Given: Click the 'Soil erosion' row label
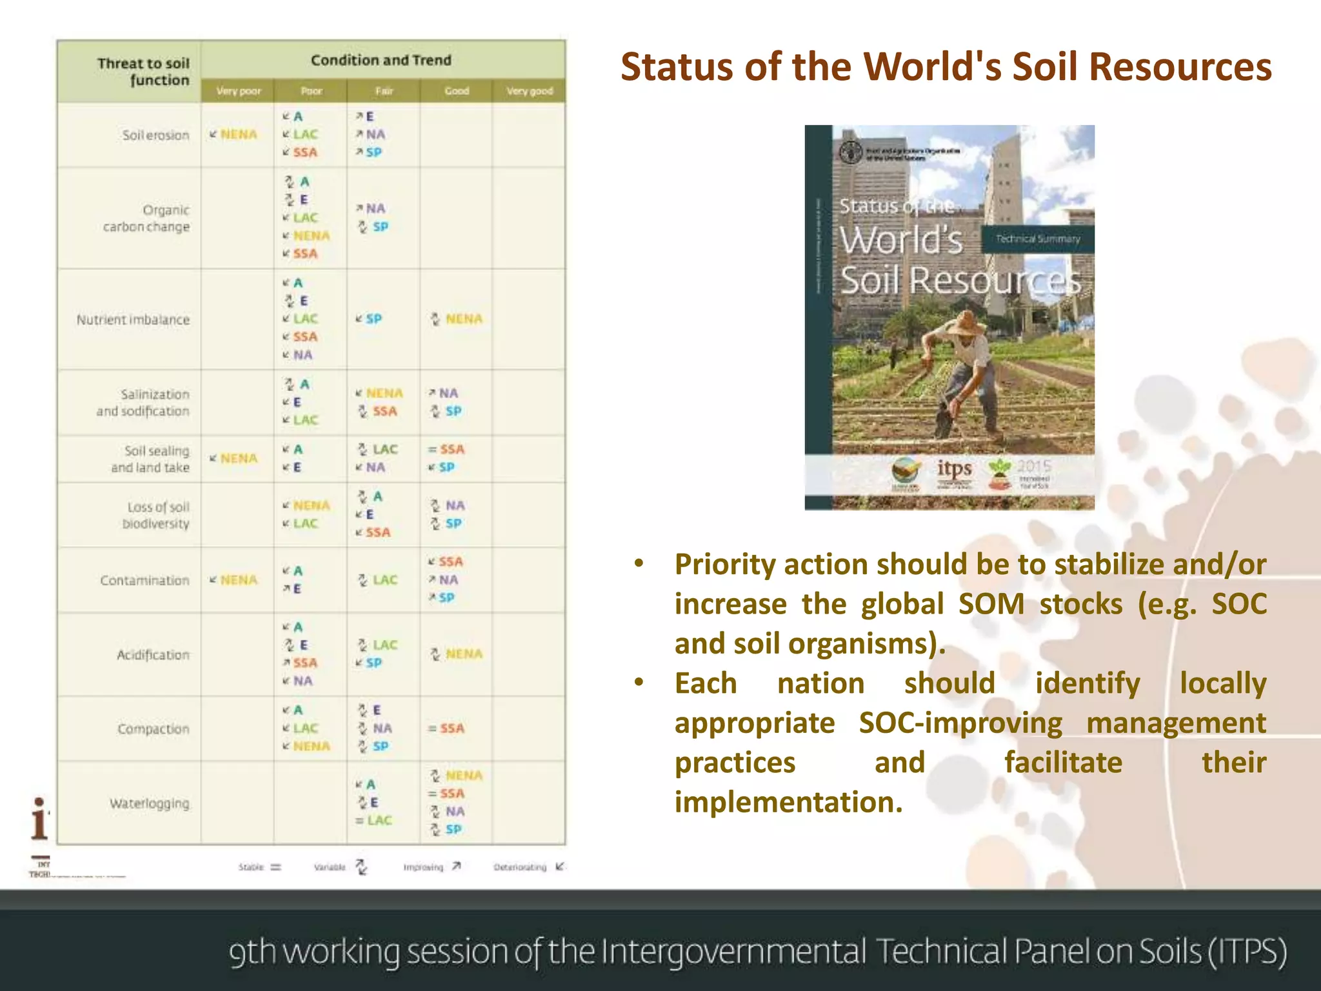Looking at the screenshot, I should pos(156,135).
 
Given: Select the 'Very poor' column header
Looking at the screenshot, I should pos(239,91).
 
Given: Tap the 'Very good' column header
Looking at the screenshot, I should pos(530,91).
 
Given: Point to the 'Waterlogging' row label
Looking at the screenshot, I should pos(150,804).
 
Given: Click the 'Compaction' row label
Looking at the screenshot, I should pos(154,729).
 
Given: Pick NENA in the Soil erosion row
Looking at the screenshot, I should pos(238,134).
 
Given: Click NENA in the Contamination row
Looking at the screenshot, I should pos(238,580).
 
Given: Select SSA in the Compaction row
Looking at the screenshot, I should pos(452,728).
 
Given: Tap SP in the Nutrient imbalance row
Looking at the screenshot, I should pos(373,319).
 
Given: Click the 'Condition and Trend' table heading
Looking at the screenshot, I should pos(381,61).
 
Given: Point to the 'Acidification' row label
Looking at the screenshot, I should pos(154,655).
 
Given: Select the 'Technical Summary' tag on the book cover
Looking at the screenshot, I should pos(1037,239).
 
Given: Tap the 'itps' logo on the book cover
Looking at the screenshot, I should pos(954,469).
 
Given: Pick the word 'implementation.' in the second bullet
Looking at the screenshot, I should pos(788,803).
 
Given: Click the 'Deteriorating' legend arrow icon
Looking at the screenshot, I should pos(559,866).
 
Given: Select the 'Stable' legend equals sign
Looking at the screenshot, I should pos(276,867).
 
